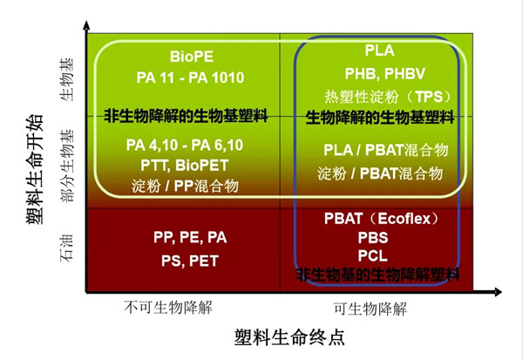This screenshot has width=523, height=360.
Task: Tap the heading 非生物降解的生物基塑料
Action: tap(186, 115)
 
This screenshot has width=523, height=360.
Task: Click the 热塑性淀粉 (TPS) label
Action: tap(378, 94)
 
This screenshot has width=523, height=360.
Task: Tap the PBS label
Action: tap(373, 237)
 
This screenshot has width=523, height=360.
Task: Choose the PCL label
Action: tap(373, 256)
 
